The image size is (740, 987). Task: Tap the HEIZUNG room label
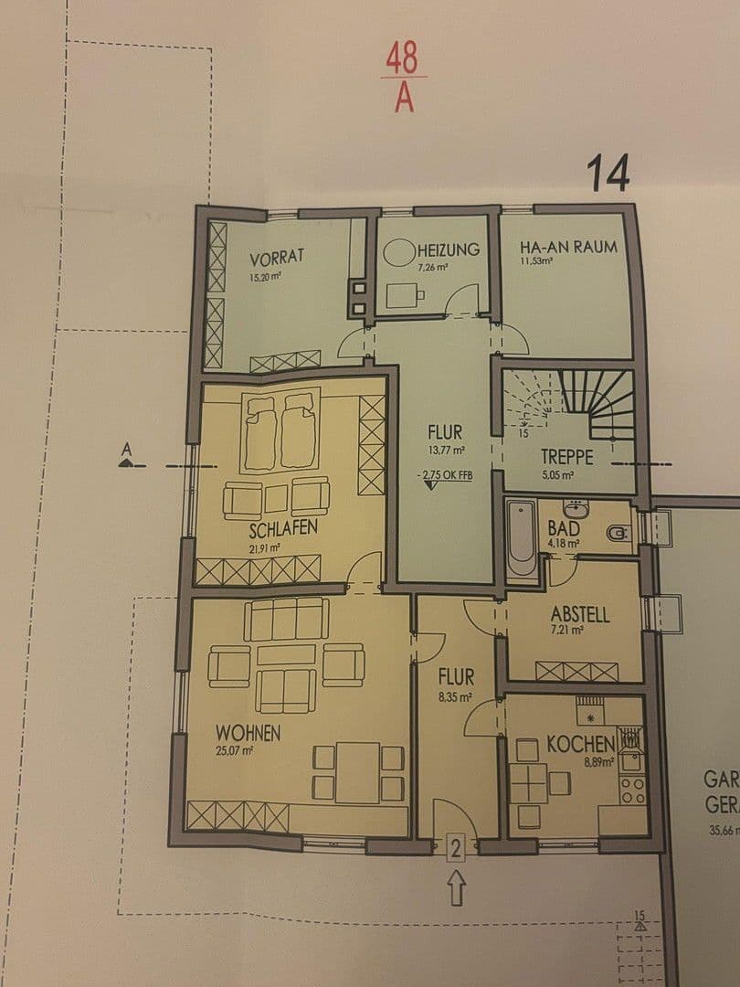tap(449, 249)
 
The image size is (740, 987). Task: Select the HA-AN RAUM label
tap(567, 247)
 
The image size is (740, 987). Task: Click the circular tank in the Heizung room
tap(398, 253)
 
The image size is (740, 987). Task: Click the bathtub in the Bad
tap(522, 540)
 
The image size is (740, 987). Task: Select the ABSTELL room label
tap(580, 614)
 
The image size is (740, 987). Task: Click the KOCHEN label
tap(580, 743)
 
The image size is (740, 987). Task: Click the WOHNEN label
tap(248, 732)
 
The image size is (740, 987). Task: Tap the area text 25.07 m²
tap(235, 750)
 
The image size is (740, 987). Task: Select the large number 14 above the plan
tap(608, 174)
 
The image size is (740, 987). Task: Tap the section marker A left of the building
tap(126, 451)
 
